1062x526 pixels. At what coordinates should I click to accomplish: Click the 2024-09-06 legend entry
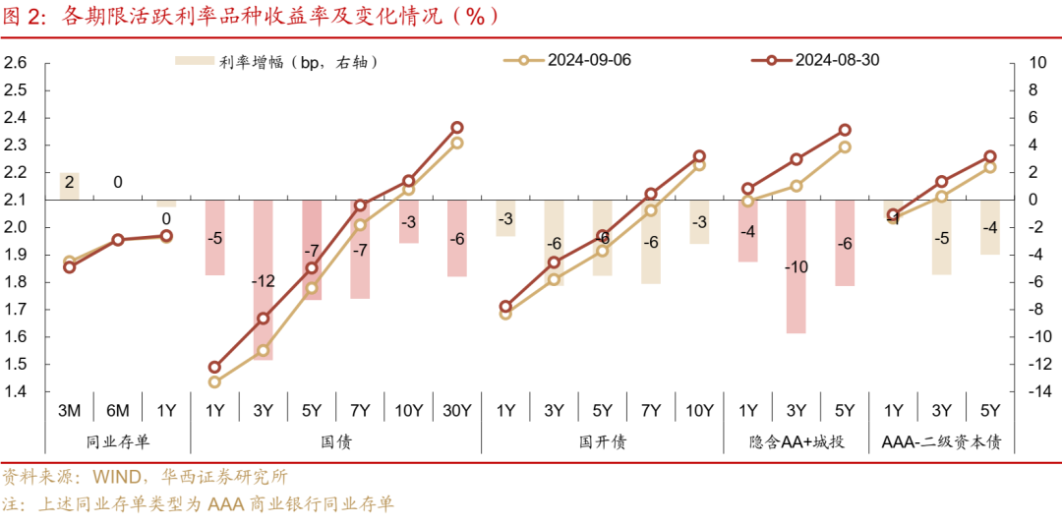588,60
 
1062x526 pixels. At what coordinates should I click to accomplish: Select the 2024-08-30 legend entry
836,60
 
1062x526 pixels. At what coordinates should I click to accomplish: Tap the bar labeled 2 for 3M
69,186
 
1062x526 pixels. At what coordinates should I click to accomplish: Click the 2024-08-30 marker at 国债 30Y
456,128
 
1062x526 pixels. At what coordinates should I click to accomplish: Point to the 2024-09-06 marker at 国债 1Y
214,381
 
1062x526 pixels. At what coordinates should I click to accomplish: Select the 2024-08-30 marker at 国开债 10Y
699,156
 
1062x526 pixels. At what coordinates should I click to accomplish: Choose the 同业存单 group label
118,442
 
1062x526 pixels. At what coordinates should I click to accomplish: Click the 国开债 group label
602,442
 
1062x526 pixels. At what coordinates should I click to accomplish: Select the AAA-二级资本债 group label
941,442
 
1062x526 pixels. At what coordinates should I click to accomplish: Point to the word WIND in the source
117,478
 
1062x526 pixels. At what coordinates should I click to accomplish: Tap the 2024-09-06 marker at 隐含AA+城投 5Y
844,147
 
